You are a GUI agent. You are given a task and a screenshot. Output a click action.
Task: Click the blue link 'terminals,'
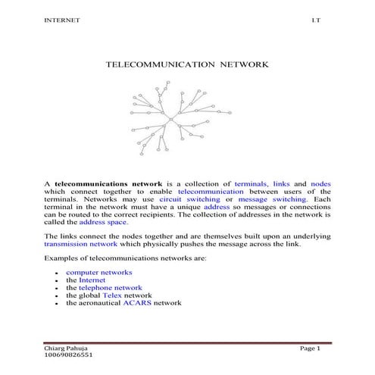point(257,184)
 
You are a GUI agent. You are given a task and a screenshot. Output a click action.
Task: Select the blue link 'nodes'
point(320,184)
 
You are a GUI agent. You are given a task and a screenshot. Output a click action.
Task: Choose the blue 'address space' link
point(104,222)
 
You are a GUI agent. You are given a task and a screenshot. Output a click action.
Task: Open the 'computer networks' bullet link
point(98,272)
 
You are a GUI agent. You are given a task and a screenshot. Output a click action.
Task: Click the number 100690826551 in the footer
point(70,355)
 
